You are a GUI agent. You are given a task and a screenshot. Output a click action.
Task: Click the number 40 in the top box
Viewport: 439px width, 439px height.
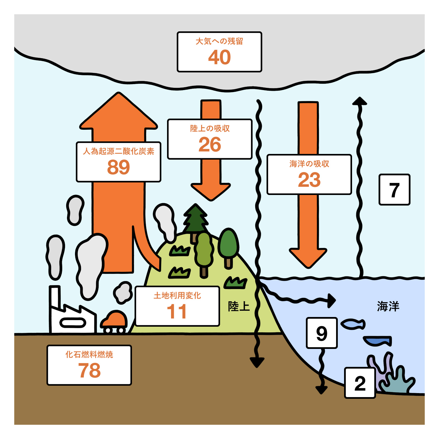point(219,57)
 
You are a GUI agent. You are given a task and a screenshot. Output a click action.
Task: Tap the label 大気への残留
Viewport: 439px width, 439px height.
point(219,41)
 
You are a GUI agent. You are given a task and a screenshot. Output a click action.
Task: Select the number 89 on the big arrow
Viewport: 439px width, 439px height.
point(118,167)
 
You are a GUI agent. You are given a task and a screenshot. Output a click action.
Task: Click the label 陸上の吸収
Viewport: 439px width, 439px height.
point(210,129)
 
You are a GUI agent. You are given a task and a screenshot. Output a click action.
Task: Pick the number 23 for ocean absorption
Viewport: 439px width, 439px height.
point(309,180)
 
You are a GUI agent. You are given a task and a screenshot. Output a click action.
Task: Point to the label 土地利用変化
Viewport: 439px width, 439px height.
point(177,296)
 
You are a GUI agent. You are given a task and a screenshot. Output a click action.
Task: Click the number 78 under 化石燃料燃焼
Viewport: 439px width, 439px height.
point(89,370)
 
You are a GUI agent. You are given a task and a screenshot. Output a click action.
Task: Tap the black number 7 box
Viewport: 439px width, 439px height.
point(394,190)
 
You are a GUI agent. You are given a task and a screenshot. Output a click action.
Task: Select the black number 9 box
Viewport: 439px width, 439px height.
point(322,333)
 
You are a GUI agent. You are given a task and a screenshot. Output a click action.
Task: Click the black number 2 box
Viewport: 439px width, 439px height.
point(360,383)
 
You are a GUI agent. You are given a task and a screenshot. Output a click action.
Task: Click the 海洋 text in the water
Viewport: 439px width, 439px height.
point(388,306)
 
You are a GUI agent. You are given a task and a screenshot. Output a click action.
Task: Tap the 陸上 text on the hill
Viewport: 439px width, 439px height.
point(239,306)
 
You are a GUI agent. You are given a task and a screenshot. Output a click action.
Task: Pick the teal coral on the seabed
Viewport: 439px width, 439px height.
point(398,382)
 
